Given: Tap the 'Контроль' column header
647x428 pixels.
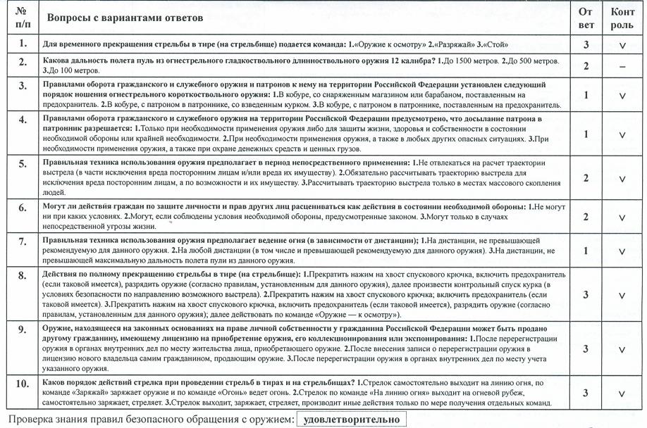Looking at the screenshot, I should pyautogui.click(x=622, y=18).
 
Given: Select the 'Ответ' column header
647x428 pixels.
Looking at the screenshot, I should pyautogui.click(x=586, y=18).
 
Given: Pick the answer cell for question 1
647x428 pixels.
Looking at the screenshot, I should pyautogui.click(x=586, y=44).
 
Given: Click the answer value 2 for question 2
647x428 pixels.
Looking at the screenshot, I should pyautogui.click(x=586, y=65).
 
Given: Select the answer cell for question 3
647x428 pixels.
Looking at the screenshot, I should pyautogui.click(x=586, y=95).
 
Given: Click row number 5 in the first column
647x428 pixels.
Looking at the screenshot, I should pyautogui.click(x=23, y=165).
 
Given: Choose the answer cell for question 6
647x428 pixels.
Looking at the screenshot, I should pyautogui.click(x=586, y=217).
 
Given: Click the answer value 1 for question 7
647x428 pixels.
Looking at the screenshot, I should pyautogui.click(x=586, y=251).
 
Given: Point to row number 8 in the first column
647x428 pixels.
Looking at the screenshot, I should pyautogui.click(x=23, y=275).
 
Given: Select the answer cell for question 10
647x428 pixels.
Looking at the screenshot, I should pyautogui.click(x=586, y=393).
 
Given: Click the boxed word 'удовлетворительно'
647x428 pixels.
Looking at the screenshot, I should pyautogui.click(x=350, y=420).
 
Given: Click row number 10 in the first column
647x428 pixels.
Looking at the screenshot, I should pyautogui.click(x=23, y=384).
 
